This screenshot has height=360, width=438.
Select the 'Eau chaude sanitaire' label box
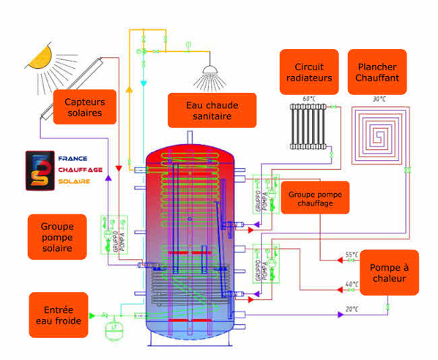(x=212, y=110)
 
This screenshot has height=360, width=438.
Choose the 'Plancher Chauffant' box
(x=377, y=71)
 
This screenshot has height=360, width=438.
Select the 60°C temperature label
(x=308, y=98)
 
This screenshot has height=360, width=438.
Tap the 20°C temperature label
(x=352, y=310)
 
